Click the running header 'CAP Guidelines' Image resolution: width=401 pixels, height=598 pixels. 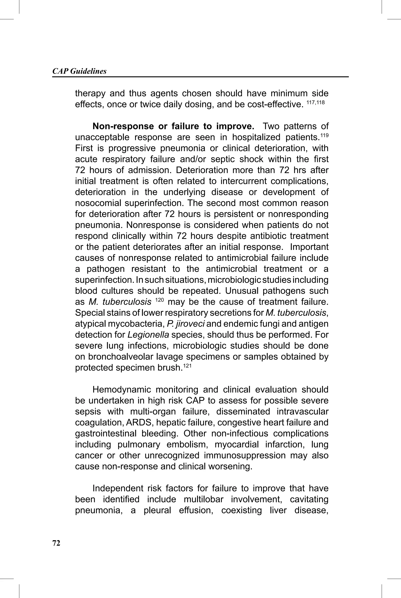79,71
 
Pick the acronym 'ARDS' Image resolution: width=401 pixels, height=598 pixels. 139,423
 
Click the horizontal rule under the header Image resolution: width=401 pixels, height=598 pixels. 200,77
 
